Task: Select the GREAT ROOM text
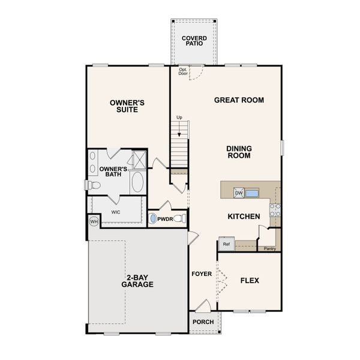tap(239, 100)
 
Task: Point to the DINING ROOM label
tap(239, 152)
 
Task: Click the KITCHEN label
tap(244, 217)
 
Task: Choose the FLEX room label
tap(250, 280)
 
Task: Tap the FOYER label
tap(202, 274)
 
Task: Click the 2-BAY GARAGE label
tap(140, 281)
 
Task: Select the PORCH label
tap(203, 322)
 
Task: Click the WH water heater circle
tap(94, 221)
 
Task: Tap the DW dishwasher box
tap(239, 193)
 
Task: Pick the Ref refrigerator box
tap(226, 244)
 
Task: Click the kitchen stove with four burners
tap(275, 210)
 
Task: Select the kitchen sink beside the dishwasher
tap(252, 193)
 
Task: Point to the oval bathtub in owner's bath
tap(138, 183)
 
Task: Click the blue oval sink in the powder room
tap(152, 219)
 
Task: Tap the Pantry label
tap(270, 248)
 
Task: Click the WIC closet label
tap(116, 212)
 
